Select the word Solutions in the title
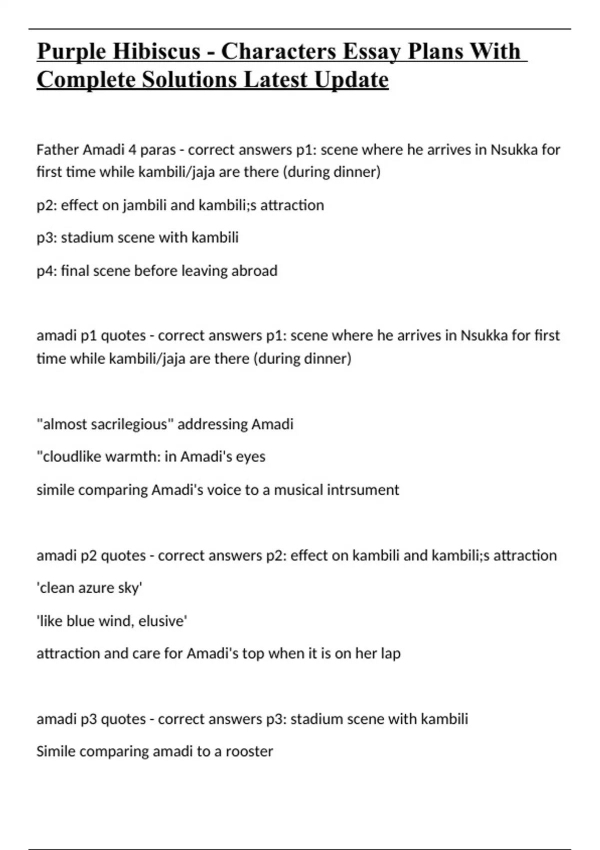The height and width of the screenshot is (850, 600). click(189, 80)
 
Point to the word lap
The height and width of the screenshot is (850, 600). click(390, 654)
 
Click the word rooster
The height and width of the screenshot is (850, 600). click(249, 751)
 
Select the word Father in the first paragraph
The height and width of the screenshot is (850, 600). click(57, 150)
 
